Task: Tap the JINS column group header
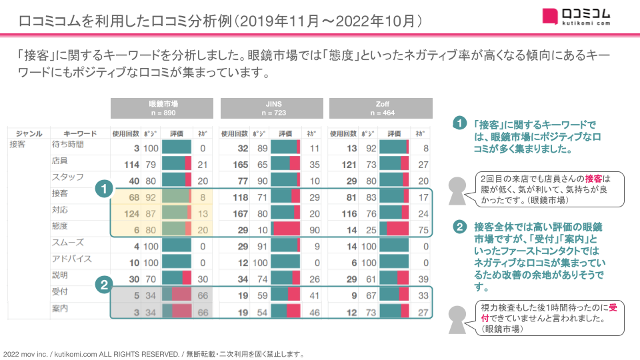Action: [x=271, y=108]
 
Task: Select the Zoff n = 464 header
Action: [x=381, y=108]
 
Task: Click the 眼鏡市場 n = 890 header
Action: [x=162, y=108]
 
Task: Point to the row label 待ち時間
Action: [x=68, y=145]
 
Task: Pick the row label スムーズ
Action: [x=67, y=243]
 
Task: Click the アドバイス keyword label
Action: [x=71, y=259]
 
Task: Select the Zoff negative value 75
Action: [x=422, y=230]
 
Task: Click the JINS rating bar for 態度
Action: [x=285, y=230]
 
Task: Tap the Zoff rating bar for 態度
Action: [x=393, y=230]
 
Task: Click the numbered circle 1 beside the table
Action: [x=103, y=189]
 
